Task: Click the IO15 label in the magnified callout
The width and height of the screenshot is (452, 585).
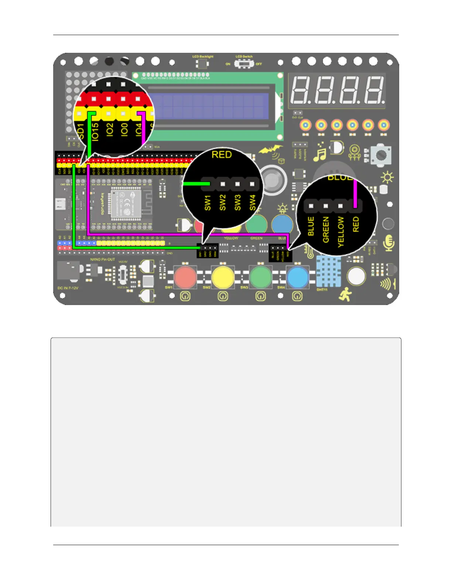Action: point(95,131)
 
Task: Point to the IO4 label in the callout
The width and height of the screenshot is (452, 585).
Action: point(138,130)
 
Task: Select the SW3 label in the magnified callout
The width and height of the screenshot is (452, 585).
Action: point(237,203)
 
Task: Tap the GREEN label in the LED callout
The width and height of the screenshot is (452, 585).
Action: point(326,230)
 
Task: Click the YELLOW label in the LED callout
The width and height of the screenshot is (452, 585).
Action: point(340,232)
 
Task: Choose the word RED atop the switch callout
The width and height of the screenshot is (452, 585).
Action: point(222,155)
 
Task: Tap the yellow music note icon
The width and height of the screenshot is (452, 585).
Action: point(320,153)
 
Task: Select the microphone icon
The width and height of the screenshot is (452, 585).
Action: point(389,243)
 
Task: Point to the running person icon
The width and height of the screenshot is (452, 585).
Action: point(345,294)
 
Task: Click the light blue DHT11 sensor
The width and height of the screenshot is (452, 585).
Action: point(329,271)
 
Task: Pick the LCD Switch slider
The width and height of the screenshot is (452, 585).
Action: point(243,64)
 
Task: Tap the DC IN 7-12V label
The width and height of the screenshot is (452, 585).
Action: point(68,288)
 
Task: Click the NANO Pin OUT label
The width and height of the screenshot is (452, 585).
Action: point(103,260)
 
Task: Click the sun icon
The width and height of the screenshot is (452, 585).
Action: point(387,178)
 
